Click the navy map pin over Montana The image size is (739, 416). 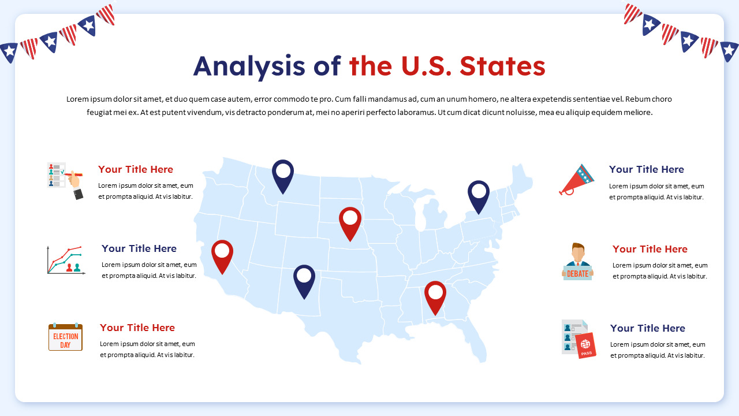point(283,174)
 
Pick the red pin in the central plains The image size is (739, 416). point(350,221)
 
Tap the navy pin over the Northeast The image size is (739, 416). point(479,195)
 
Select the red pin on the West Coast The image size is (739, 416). point(222,254)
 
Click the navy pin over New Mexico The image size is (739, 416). point(304,279)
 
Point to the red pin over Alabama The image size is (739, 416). point(435,295)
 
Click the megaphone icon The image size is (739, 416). point(576,179)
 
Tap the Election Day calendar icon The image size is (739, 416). point(65,337)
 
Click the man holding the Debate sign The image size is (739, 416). point(577,261)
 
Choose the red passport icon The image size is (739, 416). point(586,346)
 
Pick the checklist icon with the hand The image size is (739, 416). point(64,180)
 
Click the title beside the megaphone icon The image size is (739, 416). point(646,169)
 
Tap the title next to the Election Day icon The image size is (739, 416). point(137,328)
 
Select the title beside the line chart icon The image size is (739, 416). point(139,248)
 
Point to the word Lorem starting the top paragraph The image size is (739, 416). point(77,99)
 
